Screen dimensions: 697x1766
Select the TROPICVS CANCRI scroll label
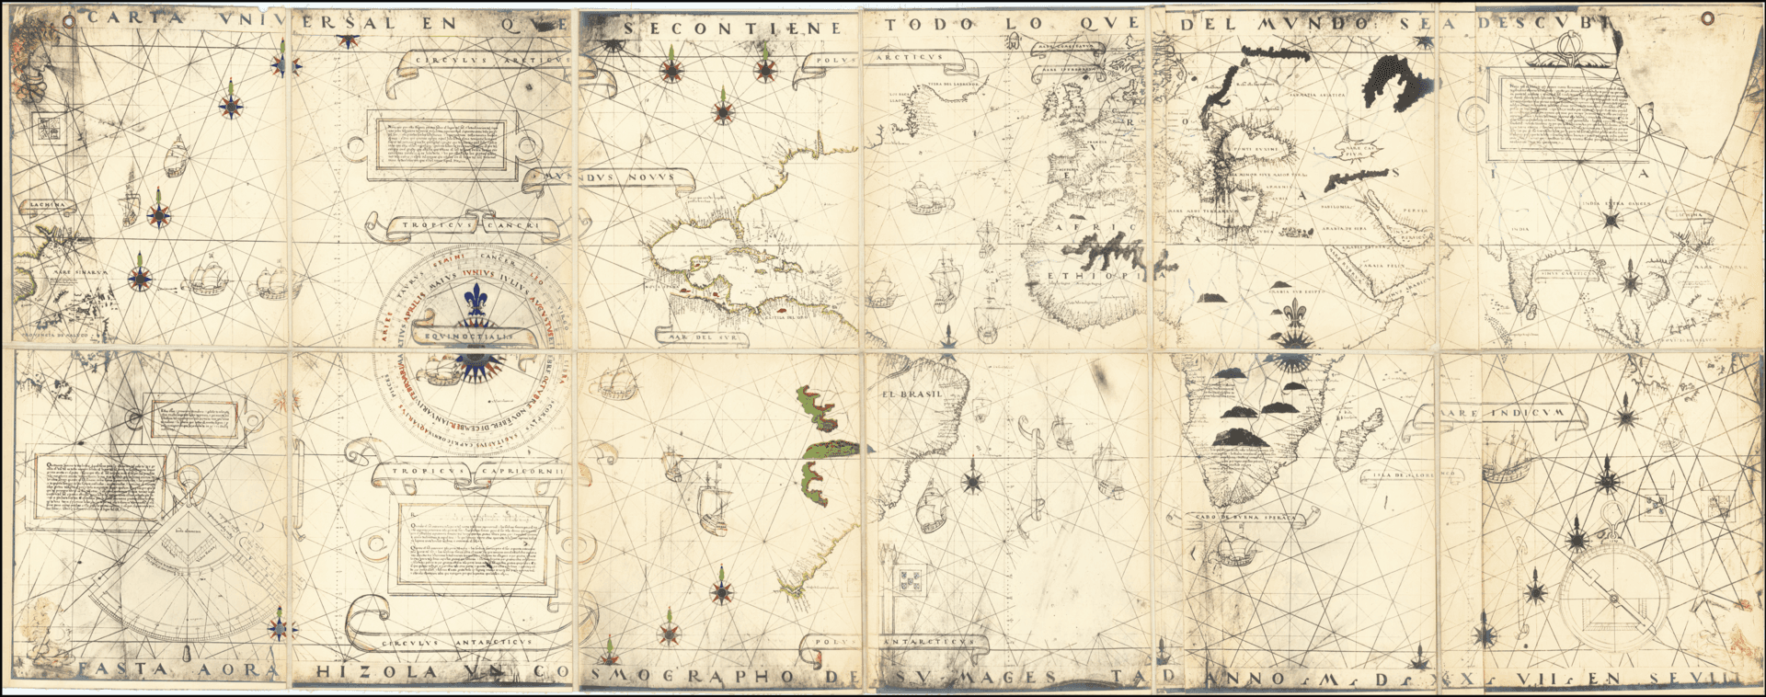coord(469,224)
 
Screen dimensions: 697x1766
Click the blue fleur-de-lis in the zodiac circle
coord(476,299)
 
